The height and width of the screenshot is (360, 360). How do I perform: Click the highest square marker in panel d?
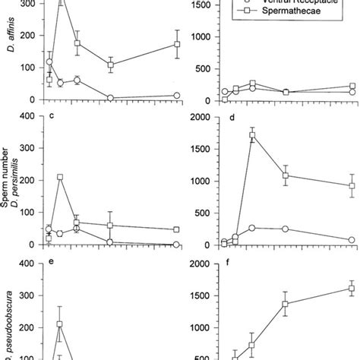click(252, 135)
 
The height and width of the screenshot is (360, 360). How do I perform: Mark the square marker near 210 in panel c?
click(60, 177)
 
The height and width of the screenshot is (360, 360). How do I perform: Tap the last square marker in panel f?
click(330, 289)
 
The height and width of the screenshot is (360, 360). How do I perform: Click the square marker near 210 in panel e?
click(60, 324)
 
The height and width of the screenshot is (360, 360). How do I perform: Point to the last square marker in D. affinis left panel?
click(177, 44)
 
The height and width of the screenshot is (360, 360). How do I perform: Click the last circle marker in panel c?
click(177, 244)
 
